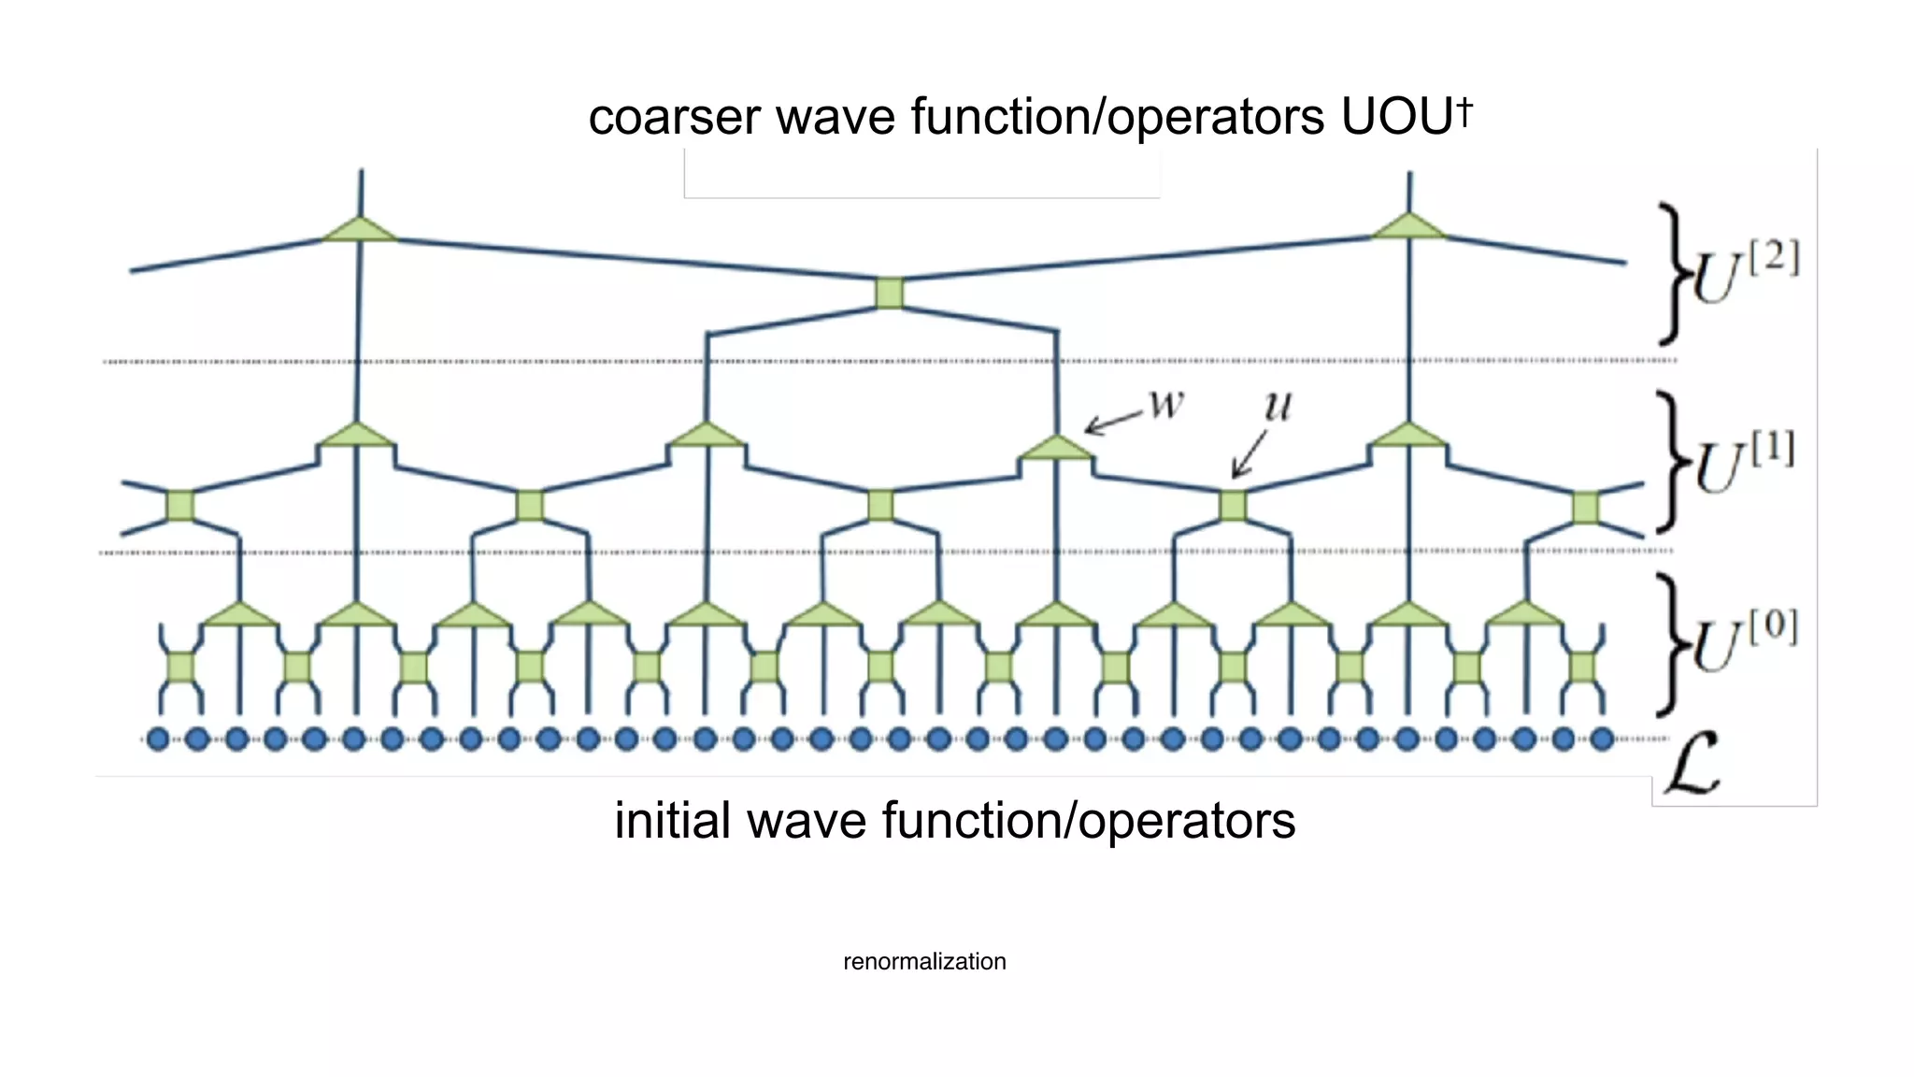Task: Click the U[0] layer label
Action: pos(1744,641)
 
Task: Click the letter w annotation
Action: pos(1166,404)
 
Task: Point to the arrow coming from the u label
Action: pos(1249,455)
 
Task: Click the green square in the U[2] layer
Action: pos(890,293)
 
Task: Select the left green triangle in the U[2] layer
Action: pos(360,230)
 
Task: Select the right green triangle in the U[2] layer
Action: pos(1408,227)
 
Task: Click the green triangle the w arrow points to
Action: pos(1056,449)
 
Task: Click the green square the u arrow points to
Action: pos(1233,506)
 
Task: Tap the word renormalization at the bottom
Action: pos(924,961)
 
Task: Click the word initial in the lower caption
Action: pos(672,821)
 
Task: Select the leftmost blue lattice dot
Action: pos(159,740)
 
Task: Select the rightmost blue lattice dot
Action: pos(1602,740)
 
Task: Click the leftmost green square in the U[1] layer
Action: pos(180,506)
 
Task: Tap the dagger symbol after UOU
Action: pos(1464,111)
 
